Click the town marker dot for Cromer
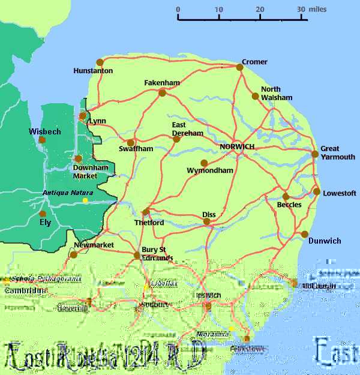coord(239,67)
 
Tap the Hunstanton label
coord(93,71)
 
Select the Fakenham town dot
coord(161,92)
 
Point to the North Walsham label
coord(277,94)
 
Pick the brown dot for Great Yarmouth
coord(315,154)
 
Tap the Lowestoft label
coord(340,193)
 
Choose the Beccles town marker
coord(286,196)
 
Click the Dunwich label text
coord(325,241)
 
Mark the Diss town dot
coord(206,221)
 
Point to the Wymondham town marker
coord(203,163)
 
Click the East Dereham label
coord(187,129)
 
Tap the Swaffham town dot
coord(130,143)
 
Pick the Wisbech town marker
coord(42,140)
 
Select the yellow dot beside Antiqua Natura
coord(85,200)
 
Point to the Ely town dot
coord(42,214)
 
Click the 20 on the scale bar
coord(260,9)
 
